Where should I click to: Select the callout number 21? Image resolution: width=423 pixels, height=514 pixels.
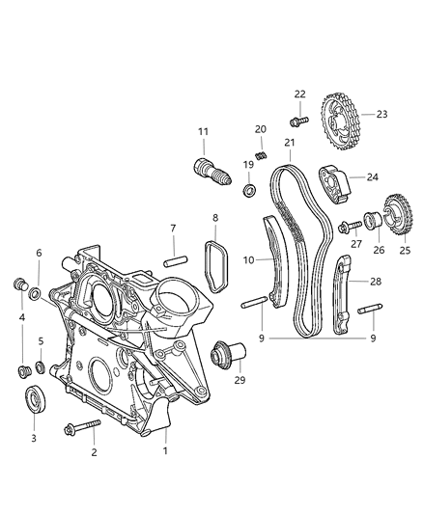(x=289, y=144)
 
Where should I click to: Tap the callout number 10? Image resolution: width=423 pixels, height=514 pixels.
(x=248, y=259)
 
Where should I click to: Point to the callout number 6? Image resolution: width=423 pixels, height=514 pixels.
(x=40, y=253)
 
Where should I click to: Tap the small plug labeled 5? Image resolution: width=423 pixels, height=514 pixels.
(x=41, y=367)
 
